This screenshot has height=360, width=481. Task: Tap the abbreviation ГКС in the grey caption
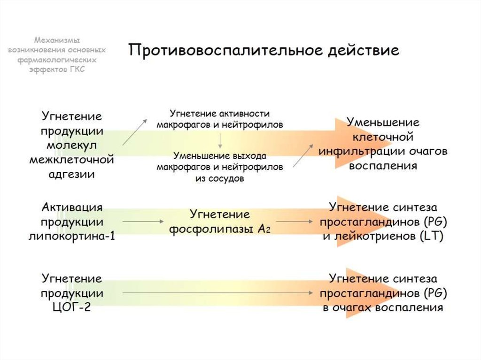[x=76, y=69]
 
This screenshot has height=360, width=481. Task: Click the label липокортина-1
[x=72, y=236]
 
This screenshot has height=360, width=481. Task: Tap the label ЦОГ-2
[x=72, y=308]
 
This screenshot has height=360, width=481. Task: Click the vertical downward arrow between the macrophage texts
[x=220, y=140]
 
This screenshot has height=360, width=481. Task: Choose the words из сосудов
[x=220, y=179]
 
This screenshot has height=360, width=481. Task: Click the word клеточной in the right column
[x=383, y=138]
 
